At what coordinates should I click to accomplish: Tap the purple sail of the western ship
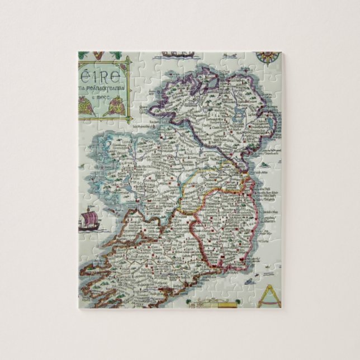click(x=88, y=216)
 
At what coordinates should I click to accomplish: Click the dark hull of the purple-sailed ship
click(x=88, y=226)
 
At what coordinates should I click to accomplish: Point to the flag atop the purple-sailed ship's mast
click(x=88, y=207)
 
